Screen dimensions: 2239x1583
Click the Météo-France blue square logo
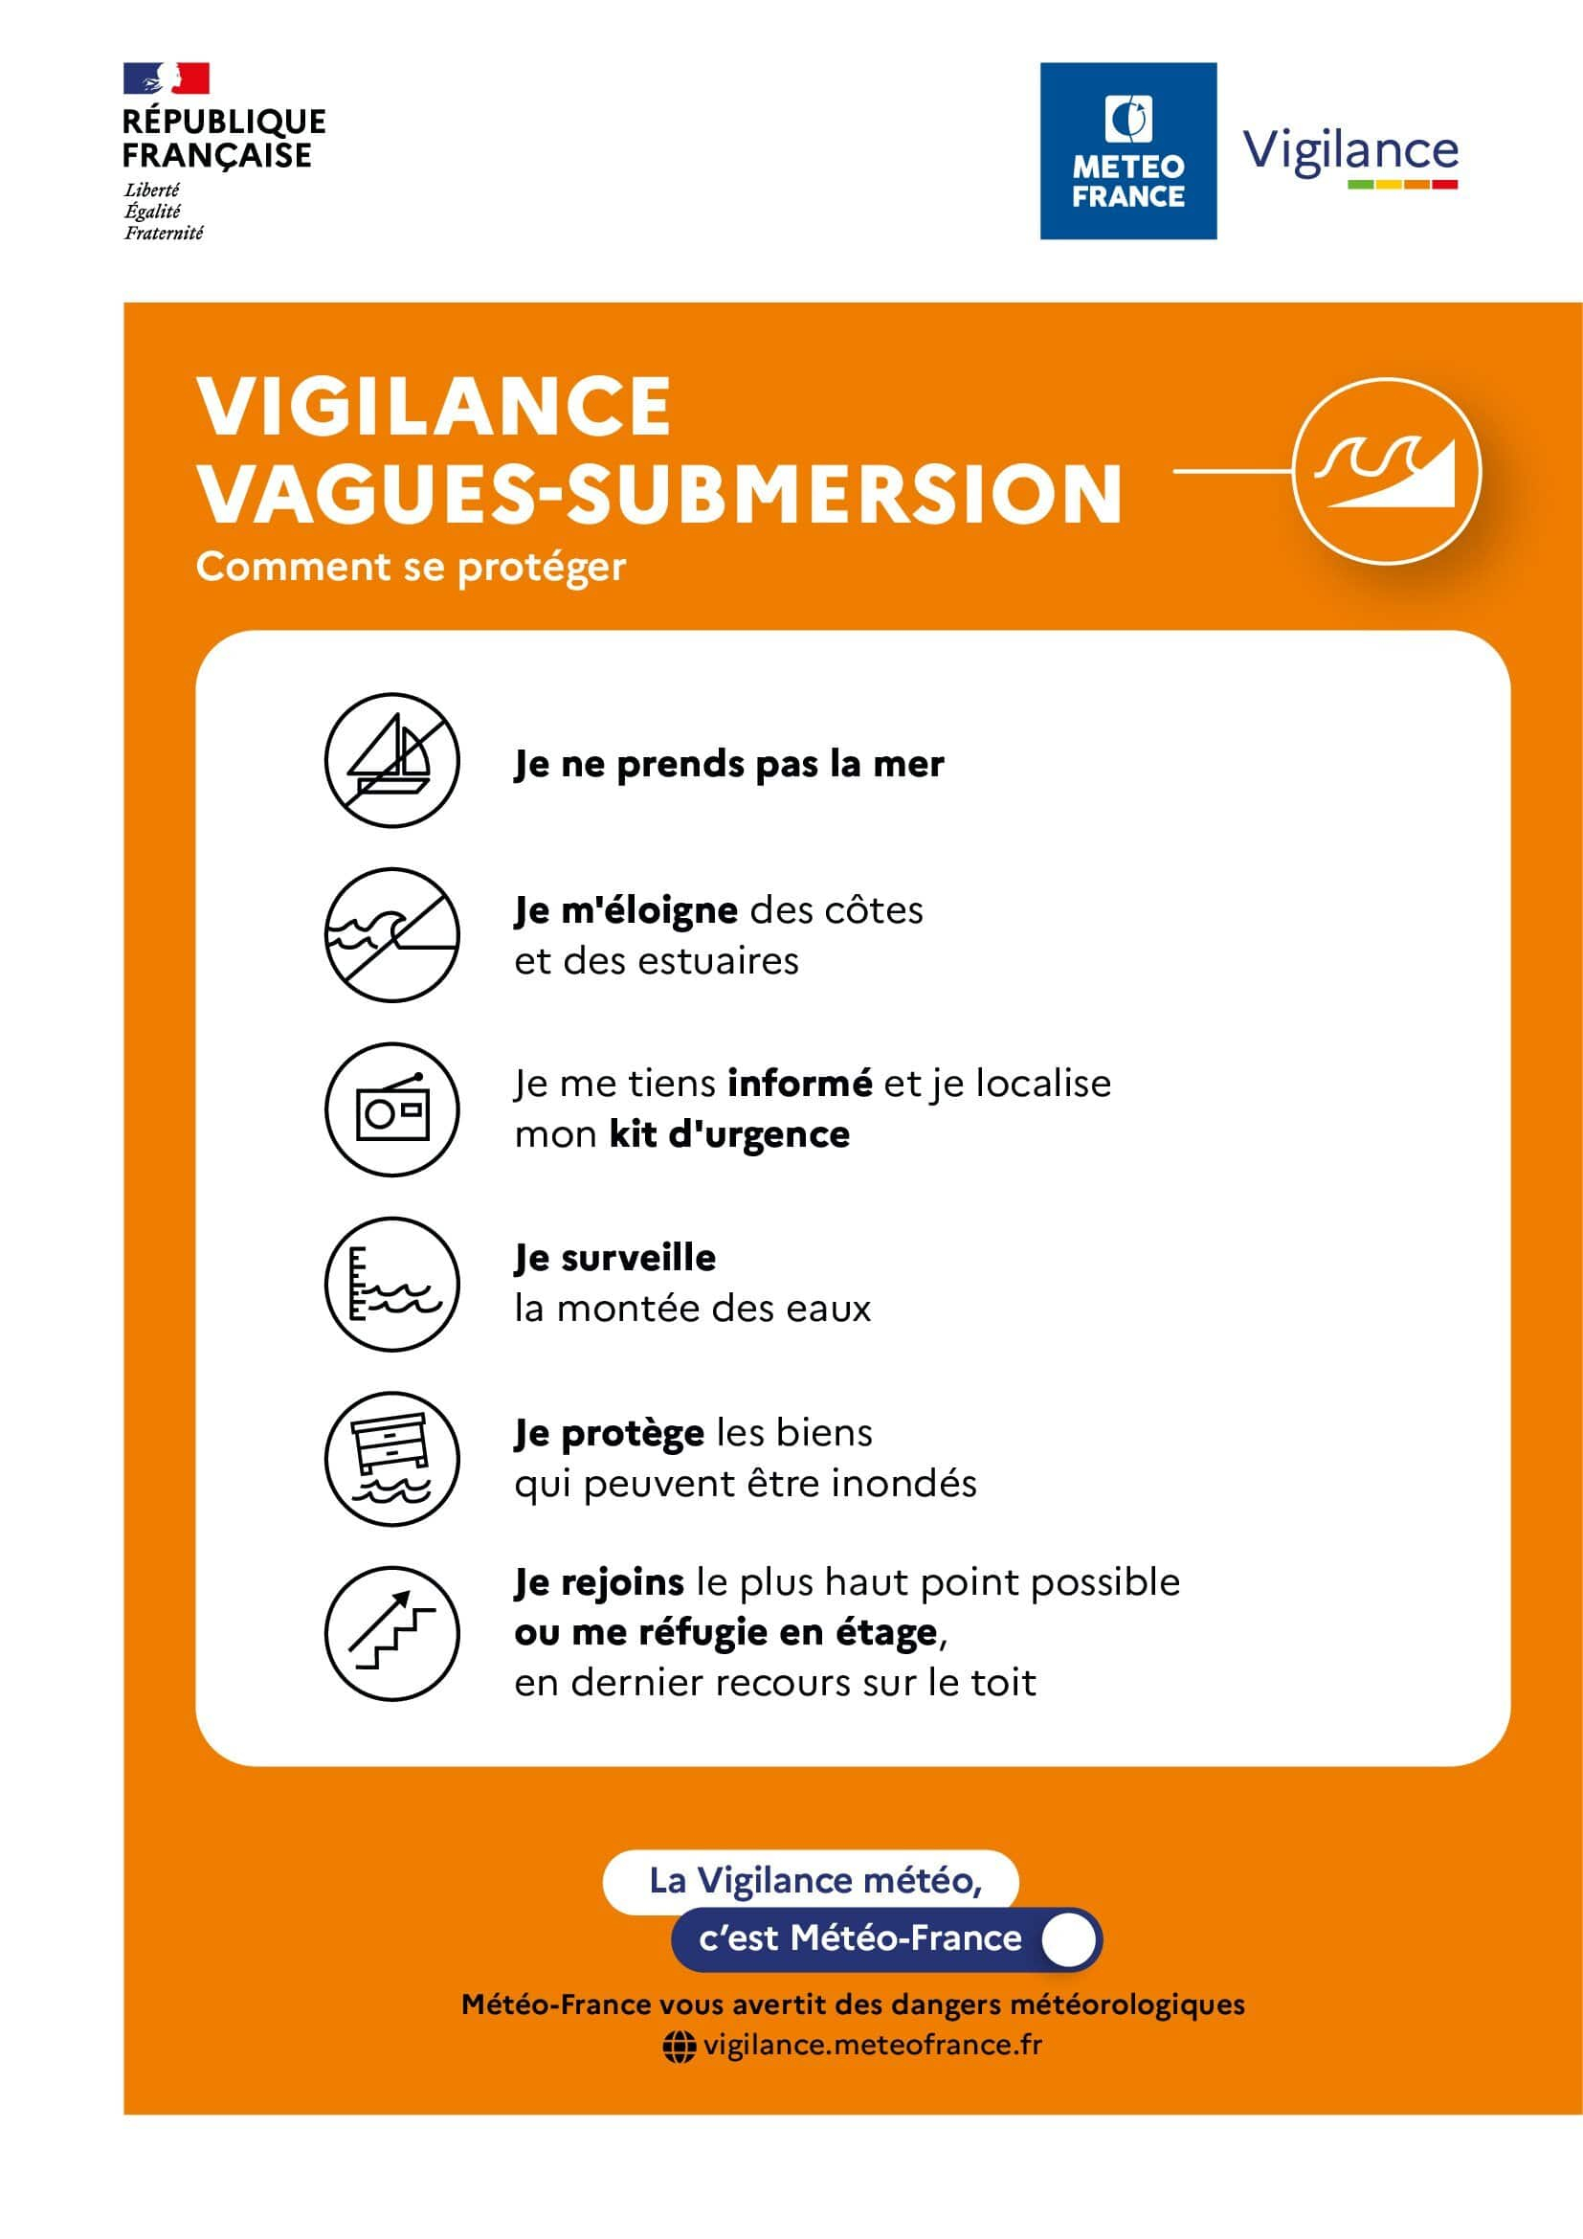[1127, 151]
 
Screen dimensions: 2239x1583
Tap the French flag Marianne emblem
[167, 78]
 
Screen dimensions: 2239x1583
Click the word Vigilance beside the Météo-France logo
[1350, 151]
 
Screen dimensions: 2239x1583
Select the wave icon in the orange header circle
[1386, 471]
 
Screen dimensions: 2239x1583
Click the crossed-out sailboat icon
[391, 761]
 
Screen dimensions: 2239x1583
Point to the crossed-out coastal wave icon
[391, 935]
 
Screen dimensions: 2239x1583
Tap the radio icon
[391, 1109]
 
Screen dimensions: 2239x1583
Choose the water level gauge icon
[391, 1285]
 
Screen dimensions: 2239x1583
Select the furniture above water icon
[391, 1459]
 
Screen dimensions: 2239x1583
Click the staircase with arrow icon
[391, 1633]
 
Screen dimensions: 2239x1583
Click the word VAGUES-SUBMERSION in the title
[660, 492]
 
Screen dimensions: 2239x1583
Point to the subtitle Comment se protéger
[411, 567]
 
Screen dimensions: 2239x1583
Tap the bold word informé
[799, 1084]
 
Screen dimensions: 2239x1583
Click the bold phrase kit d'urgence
[729, 1134]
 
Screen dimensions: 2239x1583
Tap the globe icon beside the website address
[680, 2046]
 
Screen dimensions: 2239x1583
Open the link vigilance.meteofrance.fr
[873, 2045]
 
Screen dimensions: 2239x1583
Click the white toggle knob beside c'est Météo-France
[1068, 1939]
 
